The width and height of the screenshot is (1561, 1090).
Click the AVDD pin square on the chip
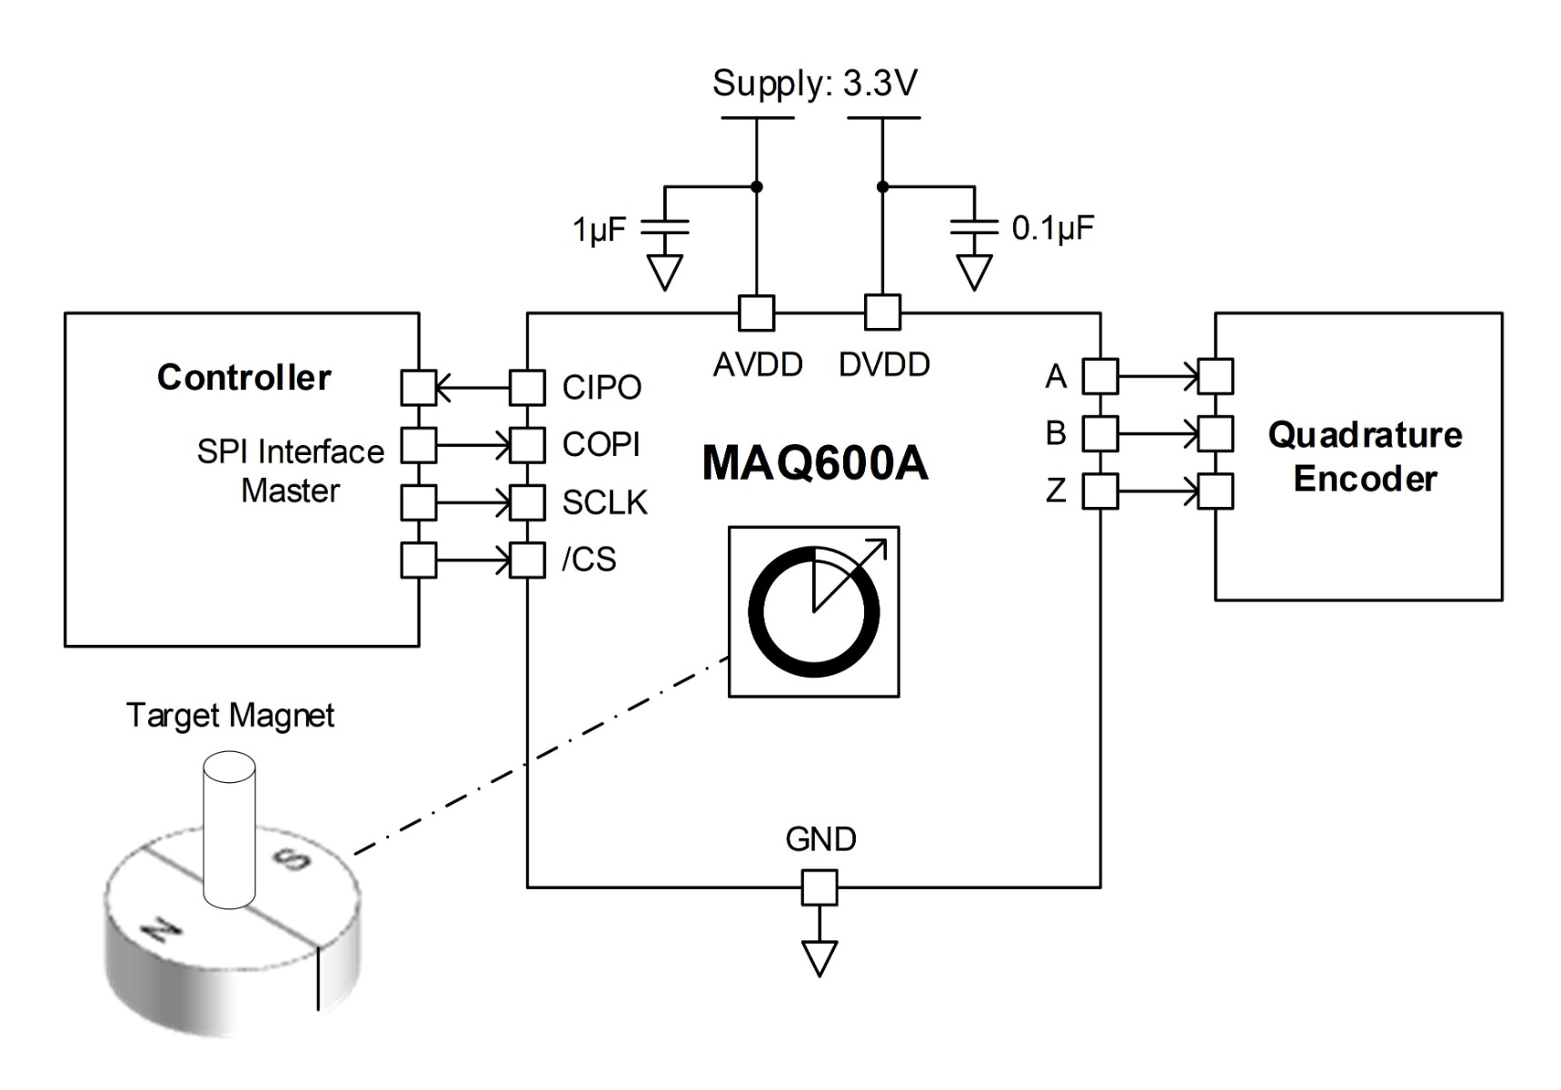tap(756, 313)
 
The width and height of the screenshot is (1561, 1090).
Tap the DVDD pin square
tap(882, 312)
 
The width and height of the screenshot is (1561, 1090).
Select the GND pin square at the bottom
tap(820, 887)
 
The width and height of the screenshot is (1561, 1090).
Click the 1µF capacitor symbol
tap(665, 227)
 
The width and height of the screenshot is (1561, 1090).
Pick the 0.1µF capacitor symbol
tap(974, 227)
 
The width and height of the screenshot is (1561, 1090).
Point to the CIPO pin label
tap(602, 388)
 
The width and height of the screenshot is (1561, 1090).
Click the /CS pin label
tap(590, 560)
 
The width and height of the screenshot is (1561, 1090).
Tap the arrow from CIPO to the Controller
tap(472, 389)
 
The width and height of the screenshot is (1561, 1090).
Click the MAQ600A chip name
tap(815, 463)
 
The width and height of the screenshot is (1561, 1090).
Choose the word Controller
tap(244, 378)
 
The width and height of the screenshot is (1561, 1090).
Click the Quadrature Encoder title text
tap(1365, 457)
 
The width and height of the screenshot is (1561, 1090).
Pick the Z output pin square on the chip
tap(1100, 491)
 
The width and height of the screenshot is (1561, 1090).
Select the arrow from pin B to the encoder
tap(1158, 434)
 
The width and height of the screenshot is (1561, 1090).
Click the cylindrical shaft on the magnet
tap(229, 827)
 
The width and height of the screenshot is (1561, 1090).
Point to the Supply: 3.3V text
tap(815, 84)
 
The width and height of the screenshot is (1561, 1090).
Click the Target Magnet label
tap(230, 716)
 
